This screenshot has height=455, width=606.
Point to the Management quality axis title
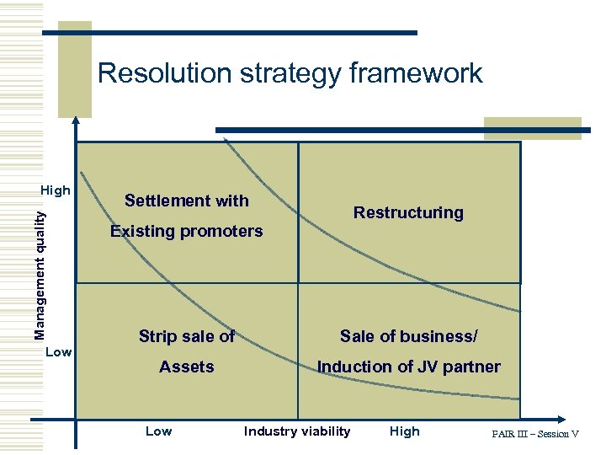(x=40, y=275)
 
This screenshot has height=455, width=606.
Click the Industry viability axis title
(x=297, y=431)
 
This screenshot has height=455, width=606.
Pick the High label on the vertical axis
(x=56, y=190)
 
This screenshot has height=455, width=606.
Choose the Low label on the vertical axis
(x=58, y=351)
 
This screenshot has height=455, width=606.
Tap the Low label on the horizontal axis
(x=158, y=431)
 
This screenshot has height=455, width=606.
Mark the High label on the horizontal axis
(x=404, y=431)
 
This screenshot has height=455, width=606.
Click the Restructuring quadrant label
(x=408, y=212)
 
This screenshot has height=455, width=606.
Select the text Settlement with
(x=187, y=201)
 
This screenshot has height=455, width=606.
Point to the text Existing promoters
(x=187, y=231)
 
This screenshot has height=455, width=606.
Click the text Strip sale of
(x=187, y=336)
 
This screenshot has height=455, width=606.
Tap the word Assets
(x=187, y=367)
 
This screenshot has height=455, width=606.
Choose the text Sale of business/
(x=408, y=336)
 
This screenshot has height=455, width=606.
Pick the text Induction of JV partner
(x=408, y=367)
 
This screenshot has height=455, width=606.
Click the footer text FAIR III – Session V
(x=535, y=434)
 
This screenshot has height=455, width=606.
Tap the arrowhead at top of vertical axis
(x=76, y=121)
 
